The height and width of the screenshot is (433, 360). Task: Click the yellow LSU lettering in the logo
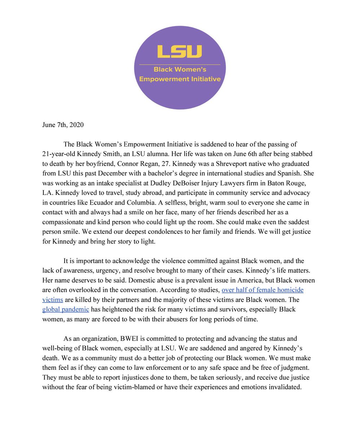pyautogui.click(x=179, y=51)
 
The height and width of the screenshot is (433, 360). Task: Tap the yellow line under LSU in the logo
pyautogui.click(x=179, y=65)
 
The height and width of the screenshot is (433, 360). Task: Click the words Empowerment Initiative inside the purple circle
pyautogui.click(x=179, y=79)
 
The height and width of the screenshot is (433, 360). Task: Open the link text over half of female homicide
pyautogui.click(x=267, y=290)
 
